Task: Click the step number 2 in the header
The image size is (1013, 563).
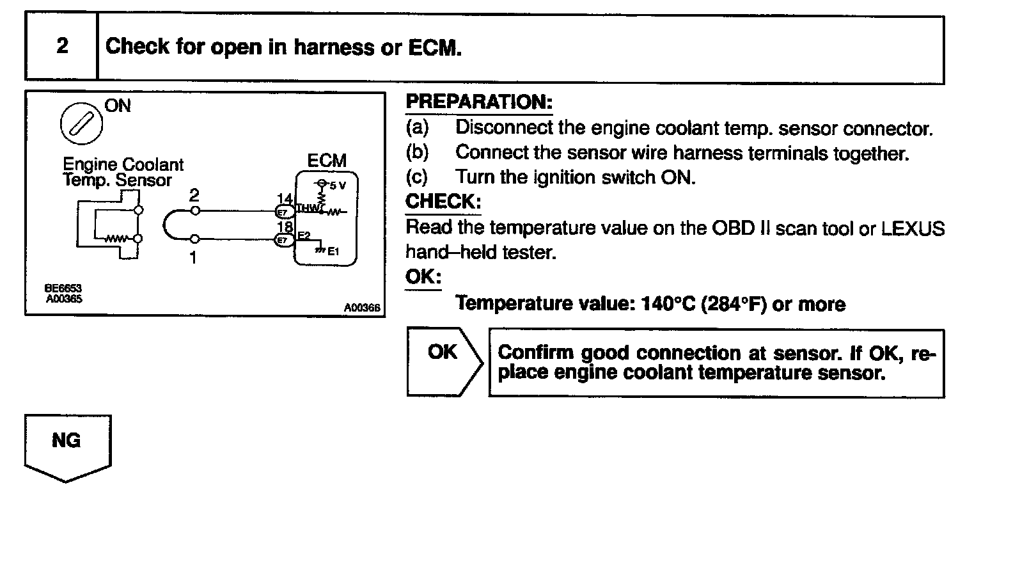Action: pos(62,46)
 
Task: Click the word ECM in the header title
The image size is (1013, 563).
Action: pos(434,47)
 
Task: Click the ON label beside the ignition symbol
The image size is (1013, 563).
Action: pos(118,106)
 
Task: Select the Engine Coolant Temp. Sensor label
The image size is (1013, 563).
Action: pos(123,173)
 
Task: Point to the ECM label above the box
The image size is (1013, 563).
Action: pos(327,161)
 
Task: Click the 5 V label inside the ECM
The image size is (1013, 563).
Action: pos(337,186)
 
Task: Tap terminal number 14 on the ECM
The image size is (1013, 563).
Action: pos(285,199)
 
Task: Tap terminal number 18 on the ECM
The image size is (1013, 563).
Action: pos(285,226)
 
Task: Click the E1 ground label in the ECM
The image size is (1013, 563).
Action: pos(333,251)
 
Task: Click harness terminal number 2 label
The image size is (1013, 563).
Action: pos(194,196)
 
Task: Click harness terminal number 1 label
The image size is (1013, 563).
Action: pos(193,257)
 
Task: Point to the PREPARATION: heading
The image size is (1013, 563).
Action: pos(479,102)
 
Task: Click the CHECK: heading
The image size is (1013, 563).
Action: pos(443,202)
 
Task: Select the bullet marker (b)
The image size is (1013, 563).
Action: pos(417,152)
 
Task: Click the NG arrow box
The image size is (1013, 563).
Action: pos(67,447)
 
